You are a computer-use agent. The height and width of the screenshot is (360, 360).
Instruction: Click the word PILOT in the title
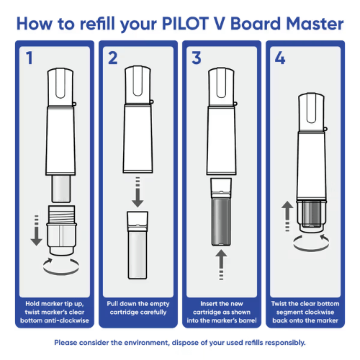tap(185, 24)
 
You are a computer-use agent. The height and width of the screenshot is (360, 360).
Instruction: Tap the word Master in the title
tap(315, 24)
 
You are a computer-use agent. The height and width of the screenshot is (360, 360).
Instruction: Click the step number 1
tap(30, 58)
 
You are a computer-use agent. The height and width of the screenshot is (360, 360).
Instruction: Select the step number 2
tap(113, 58)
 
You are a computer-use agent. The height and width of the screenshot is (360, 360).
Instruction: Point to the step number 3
tap(197, 58)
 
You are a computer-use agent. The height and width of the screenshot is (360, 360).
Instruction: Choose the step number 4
tap(280, 58)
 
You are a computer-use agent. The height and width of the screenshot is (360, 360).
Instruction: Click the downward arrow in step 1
tap(37, 230)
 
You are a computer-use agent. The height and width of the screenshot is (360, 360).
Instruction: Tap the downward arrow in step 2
tap(138, 192)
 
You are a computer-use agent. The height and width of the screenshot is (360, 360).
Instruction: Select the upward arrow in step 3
tap(221, 265)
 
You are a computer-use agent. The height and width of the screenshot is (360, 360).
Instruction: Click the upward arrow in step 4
tap(287, 216)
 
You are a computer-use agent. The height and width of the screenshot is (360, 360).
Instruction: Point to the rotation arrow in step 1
tap(61, 273)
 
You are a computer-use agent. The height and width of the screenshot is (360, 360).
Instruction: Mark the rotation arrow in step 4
tap(311, 250)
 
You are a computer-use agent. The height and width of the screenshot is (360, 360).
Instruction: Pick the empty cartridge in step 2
tap(138, 245)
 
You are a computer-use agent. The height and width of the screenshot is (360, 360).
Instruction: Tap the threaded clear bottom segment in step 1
tap(61, 230)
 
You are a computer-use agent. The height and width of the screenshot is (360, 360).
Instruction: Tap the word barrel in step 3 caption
tap(248, 320)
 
